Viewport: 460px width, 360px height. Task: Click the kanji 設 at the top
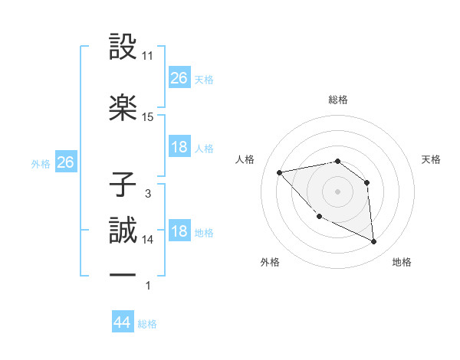pos(123,47)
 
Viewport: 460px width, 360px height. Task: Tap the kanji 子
pos(123,184)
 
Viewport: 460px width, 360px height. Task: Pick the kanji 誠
pos(123,229)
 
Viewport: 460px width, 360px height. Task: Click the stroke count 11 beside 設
pos(148,56)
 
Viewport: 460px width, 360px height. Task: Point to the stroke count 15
pos(148,117)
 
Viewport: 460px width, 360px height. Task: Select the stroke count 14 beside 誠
pos(148,240)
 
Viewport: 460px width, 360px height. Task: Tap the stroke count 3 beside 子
pos(148,194)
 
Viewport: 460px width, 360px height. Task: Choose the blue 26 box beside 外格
pos(65,162)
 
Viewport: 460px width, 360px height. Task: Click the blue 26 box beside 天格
pos(179,77)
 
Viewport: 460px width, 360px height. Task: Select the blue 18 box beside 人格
pos(179,147)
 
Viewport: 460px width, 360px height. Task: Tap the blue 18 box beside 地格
pos(179,231)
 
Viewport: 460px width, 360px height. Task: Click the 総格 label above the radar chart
pos(338,100)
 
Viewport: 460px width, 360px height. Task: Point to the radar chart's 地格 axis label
pos(402,263)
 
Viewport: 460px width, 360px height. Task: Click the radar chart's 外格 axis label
pos(270,263)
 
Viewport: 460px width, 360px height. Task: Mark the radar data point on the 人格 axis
pos(280,172)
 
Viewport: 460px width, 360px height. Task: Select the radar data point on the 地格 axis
pos(373,242)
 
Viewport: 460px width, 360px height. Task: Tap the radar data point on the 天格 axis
pos(366,182)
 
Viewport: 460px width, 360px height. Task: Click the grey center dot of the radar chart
pos(337,191)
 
